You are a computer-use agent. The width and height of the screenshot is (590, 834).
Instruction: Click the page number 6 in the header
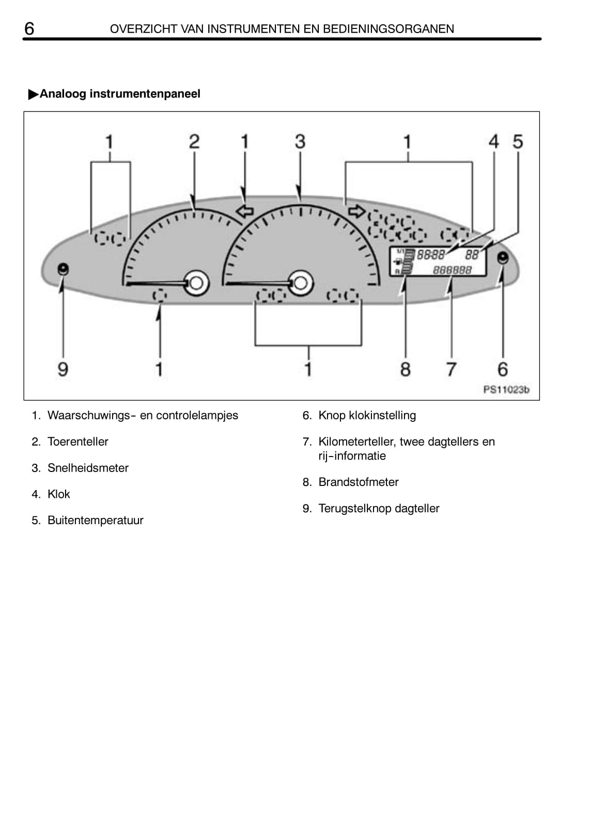click(x=29, y=28)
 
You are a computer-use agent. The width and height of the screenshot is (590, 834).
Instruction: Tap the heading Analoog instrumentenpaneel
click(x=119, y=94)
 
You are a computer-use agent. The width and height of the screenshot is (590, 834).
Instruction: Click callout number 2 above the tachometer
click(x=194, y=141)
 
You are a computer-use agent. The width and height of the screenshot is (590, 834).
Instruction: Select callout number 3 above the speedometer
click(x=300, y=141)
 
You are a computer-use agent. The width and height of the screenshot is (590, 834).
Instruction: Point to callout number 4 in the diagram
click(x=494, y=141)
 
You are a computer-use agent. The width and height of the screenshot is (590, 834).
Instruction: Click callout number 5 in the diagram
click(x=518, y=141)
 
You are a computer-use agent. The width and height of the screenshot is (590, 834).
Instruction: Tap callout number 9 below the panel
click(x=63, y=369)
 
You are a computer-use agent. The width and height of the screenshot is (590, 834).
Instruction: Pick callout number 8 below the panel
click(x=406, y=369)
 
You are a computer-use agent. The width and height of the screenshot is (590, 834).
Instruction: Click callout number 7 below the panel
click(x=451, y=369)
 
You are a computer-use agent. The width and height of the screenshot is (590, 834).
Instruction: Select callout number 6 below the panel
click(x=503, y=369)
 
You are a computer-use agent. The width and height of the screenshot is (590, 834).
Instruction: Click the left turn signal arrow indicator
click(x=244, y=211)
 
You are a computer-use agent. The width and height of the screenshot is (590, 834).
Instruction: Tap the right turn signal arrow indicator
click(x=356, y=211)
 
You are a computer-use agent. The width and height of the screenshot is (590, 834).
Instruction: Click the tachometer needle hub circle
click(x=196, y=283)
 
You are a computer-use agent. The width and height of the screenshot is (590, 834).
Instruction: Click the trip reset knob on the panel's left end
click(x=63, y=269)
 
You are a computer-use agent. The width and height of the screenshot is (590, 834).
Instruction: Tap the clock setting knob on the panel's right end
click(x=502, y=258)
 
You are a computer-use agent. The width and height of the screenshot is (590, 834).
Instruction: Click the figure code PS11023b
click(x=506, y=390)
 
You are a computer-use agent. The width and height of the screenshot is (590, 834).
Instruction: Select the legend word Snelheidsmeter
click(x=88, y=468)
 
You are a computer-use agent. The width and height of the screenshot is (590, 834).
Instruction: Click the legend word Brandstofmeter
click(x=359, y=482)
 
